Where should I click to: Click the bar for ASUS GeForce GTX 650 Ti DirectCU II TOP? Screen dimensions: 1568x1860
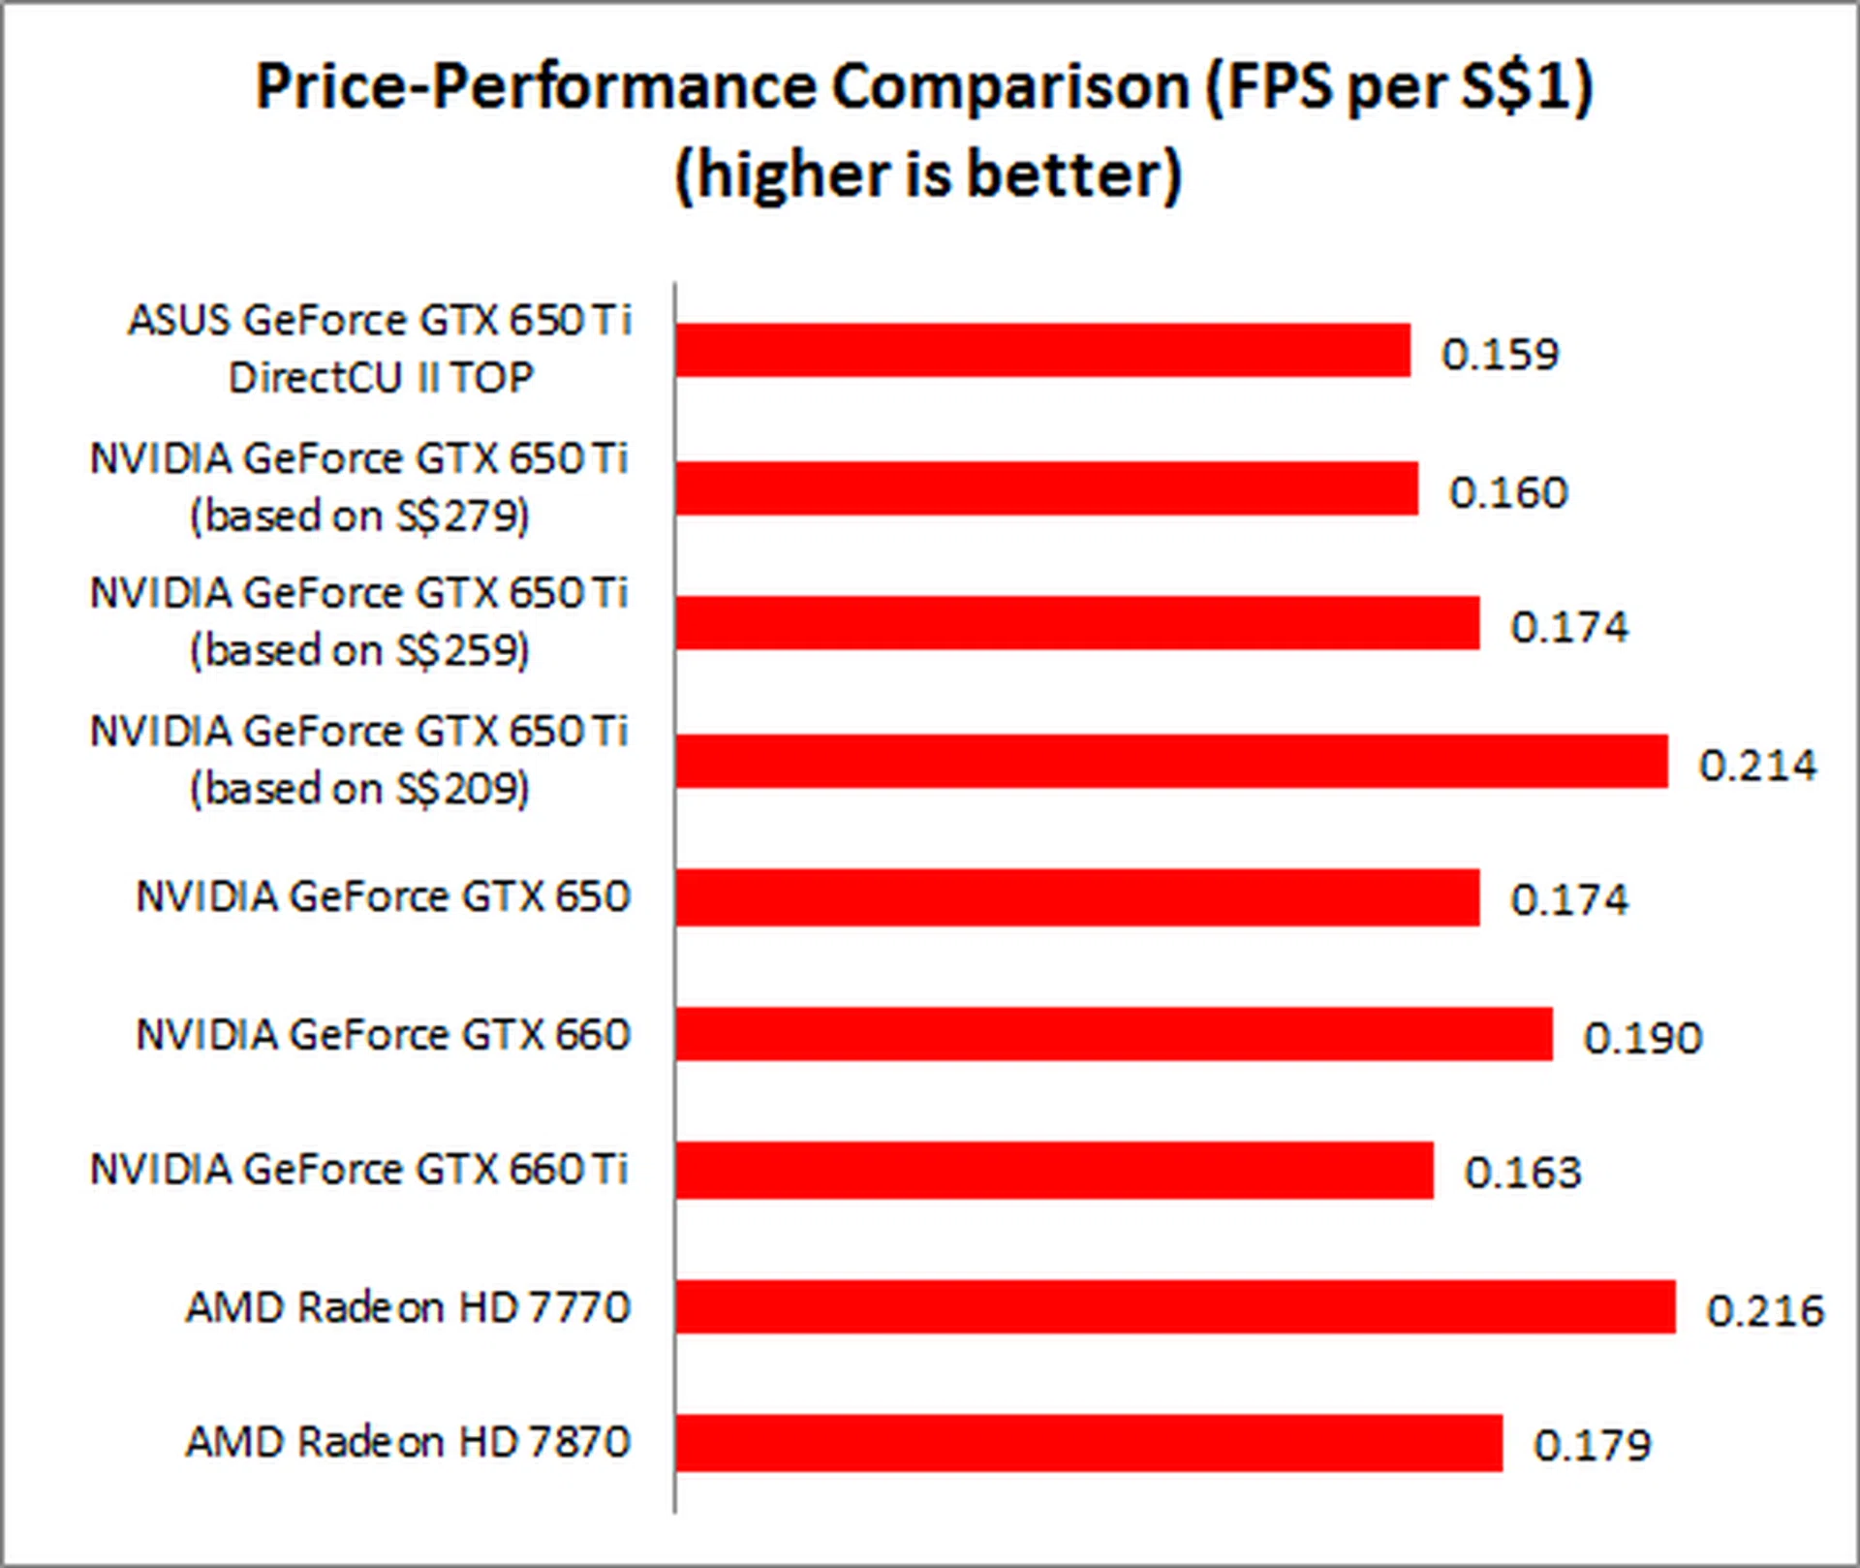click(x=1042, y=350)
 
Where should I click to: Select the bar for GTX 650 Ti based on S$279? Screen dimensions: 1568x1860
click(x=1046, y=488)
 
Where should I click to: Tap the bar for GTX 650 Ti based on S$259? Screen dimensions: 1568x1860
click(x=1077, y=623)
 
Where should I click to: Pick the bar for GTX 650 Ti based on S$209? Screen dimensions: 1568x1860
click(x=1171, y=761)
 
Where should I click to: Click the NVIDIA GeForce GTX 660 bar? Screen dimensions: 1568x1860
click(x=1114, y=1034)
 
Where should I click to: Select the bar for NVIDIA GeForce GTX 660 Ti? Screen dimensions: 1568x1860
click(x=1054, y=1170)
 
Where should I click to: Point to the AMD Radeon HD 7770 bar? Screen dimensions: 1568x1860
click(x=1175, y=1306)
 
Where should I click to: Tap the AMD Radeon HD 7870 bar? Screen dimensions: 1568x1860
click(x=1089, y=1443)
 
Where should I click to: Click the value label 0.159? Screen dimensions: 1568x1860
click(x=1500, y=355)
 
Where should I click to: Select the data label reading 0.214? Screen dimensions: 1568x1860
click(x=1757, y=766)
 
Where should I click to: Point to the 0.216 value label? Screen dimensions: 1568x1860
click(x=1765, y=1311)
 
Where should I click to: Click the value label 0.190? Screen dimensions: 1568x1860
click(x=1642, y=1038)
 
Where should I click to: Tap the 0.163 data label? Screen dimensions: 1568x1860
click(x=1522, y=1174)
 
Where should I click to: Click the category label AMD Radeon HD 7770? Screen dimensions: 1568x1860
click(x=408, y=1307)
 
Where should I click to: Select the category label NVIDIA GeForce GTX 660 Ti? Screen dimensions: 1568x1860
click(x=359, y=1170)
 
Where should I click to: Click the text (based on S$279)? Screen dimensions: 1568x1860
click(x=359, y=516)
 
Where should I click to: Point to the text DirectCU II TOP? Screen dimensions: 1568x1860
click(x=381, y=378)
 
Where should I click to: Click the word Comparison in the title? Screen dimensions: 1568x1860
click(x=1009, y=87)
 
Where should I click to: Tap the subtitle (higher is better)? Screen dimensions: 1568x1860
click(x=928, y=175)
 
